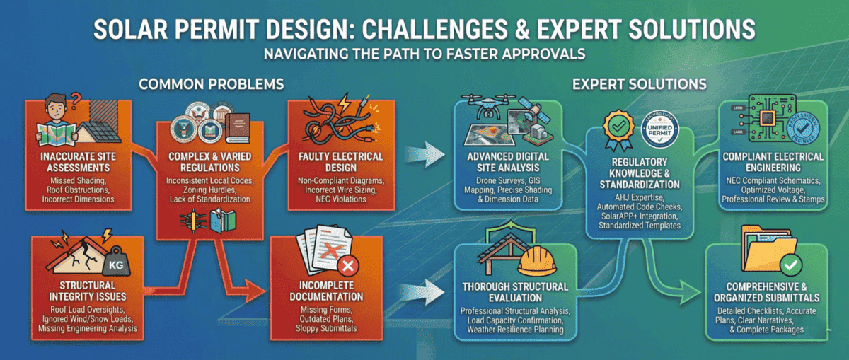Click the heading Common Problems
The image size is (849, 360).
coord(212,83)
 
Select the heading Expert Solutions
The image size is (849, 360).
coord(640,83)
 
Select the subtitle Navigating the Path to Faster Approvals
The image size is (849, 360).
coord(424,52)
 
